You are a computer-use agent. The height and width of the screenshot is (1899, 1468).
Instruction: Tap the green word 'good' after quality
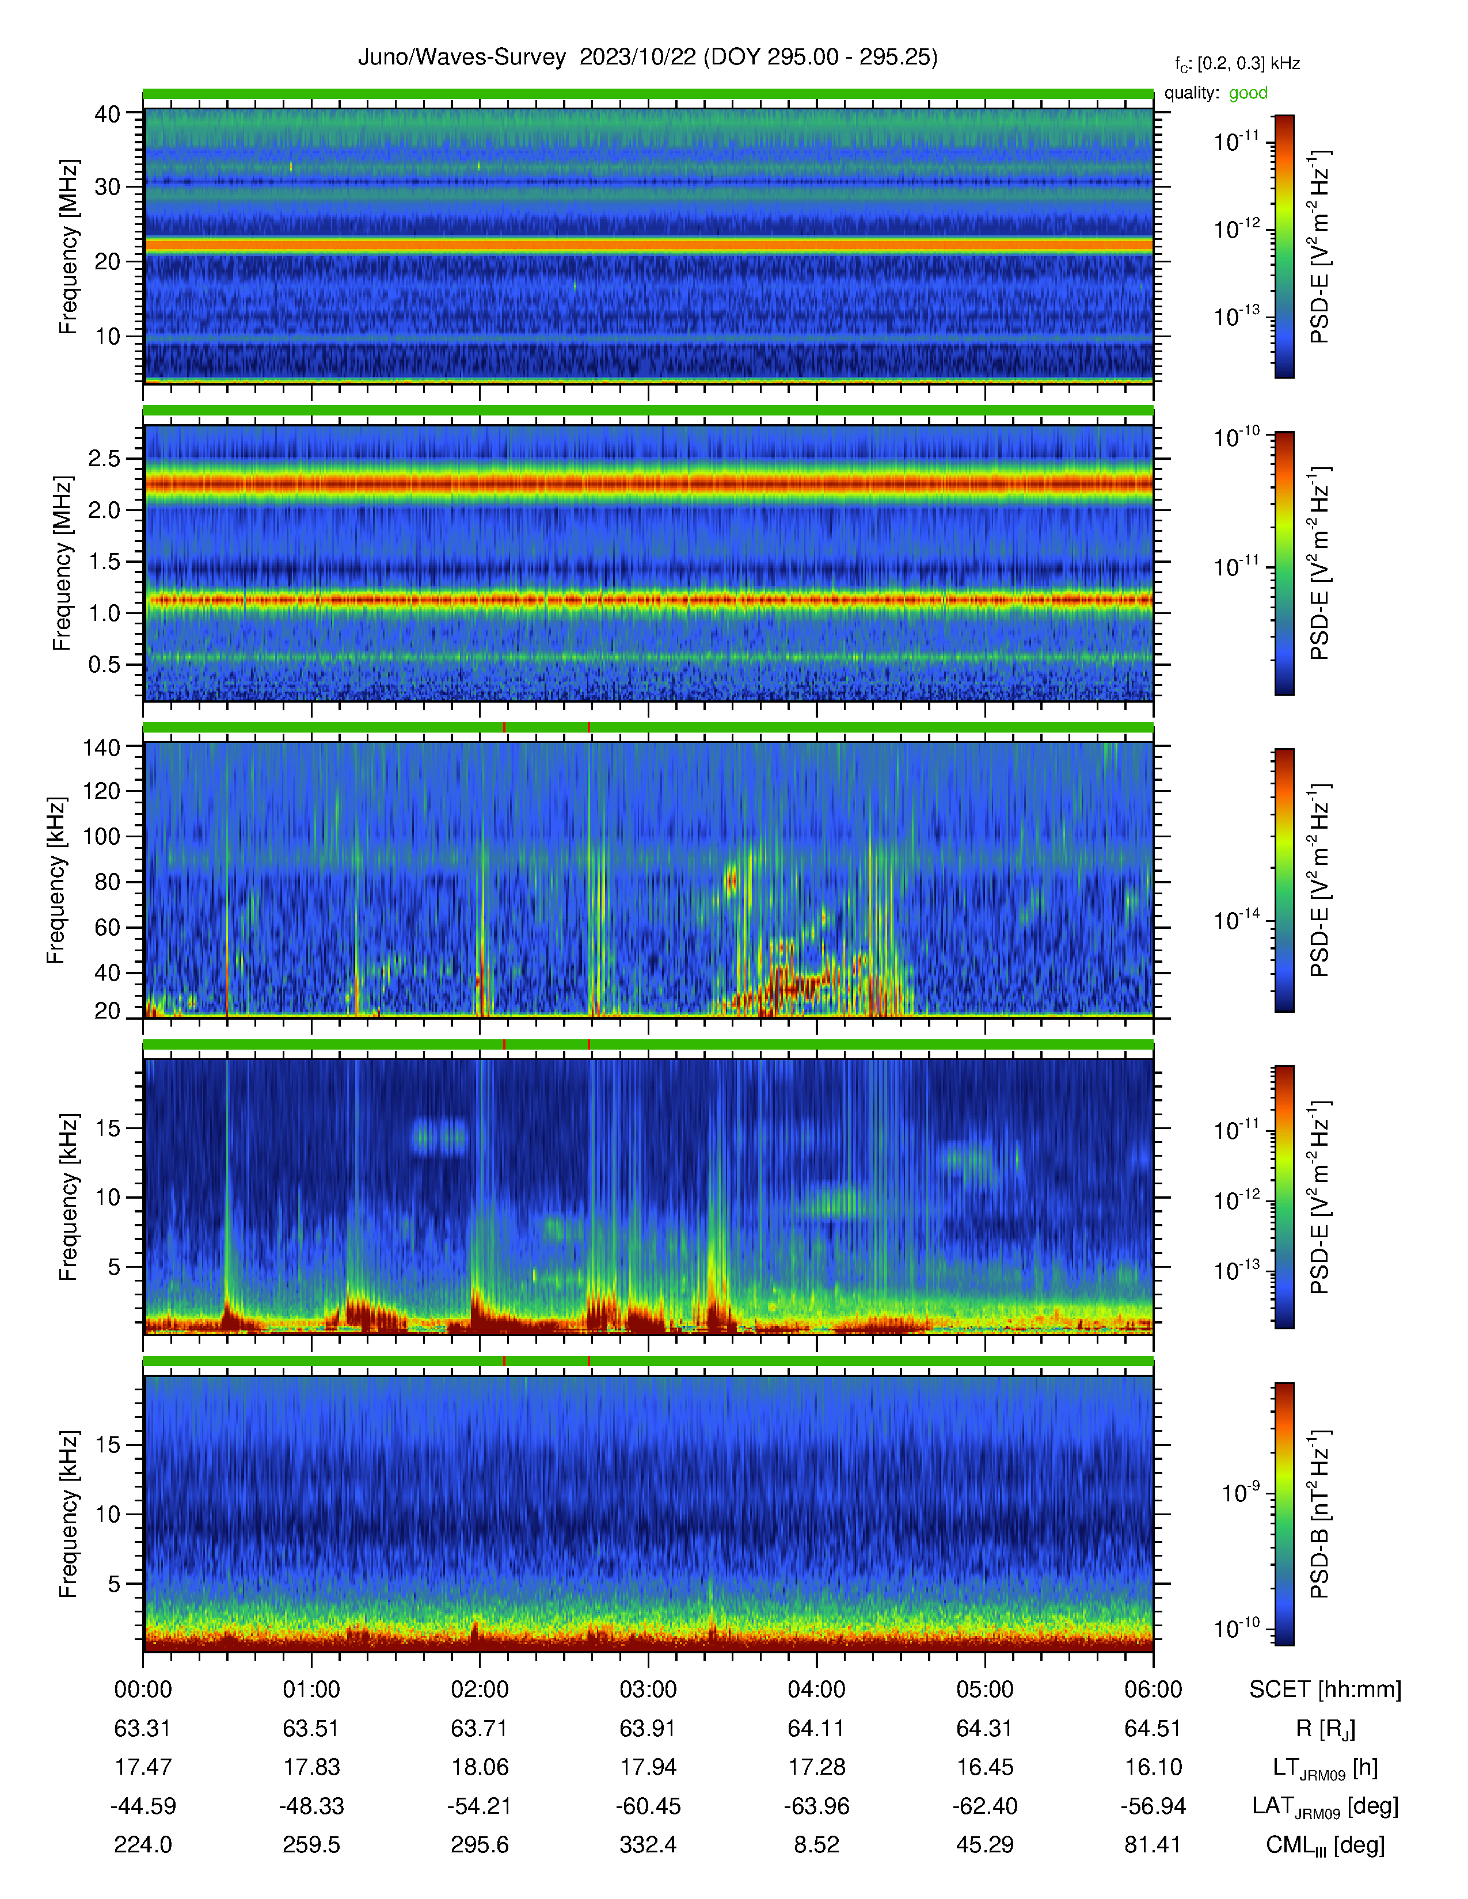click(1248, 93)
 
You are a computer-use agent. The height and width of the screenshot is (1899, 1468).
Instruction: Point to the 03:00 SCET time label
click(648, 1690)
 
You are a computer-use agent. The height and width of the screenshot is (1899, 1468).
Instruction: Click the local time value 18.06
click(479, 1767)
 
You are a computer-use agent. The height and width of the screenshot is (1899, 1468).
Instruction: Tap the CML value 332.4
click(648, 1844)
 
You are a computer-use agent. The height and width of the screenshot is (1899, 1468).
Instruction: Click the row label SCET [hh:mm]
click(1325, 1690)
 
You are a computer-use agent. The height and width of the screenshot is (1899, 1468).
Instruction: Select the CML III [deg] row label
click(1325, 1845)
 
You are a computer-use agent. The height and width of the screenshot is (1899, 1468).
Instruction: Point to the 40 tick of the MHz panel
click(107, 114)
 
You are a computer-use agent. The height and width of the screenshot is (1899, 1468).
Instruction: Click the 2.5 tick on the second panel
click(104, 458)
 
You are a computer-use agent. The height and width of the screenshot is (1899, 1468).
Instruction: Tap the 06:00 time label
click(1153, 1690)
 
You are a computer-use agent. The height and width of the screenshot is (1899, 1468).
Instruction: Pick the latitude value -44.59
click(143, 1806)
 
